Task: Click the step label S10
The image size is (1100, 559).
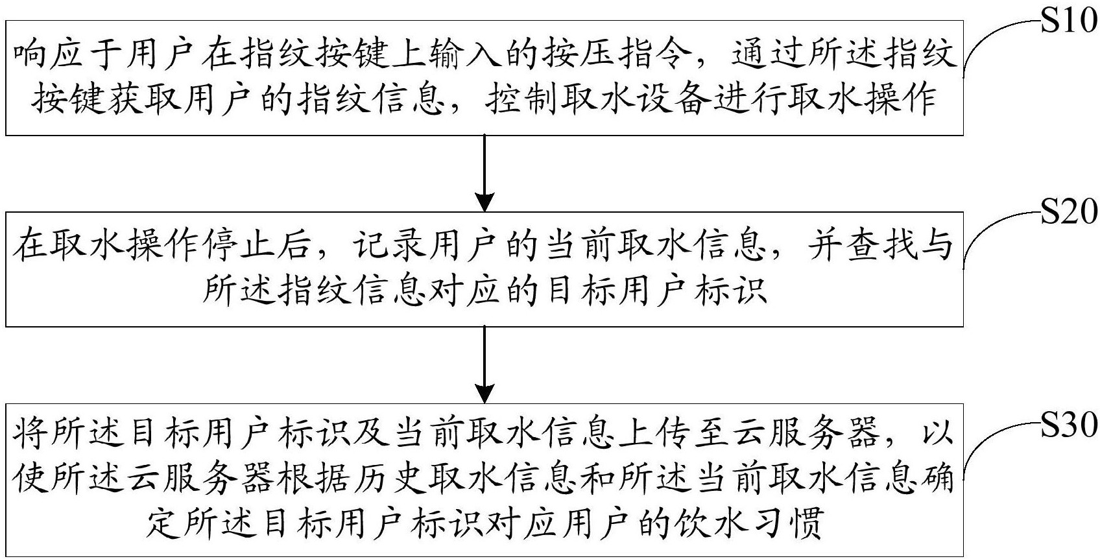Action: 1069,21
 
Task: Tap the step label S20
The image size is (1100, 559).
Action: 1069,212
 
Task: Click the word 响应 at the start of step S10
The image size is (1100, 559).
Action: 47,55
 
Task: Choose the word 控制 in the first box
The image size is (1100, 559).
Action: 520,100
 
